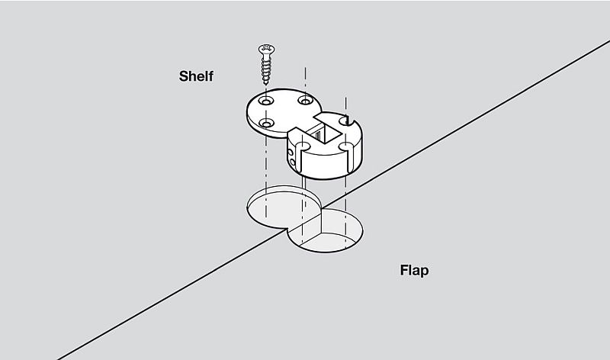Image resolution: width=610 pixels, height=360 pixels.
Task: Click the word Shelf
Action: [196, 76]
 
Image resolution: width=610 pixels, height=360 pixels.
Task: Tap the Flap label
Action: [414, 271]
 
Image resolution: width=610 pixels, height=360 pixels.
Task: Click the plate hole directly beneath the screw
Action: [266, 101]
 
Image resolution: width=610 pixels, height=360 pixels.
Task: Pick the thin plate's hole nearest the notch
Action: [305, 101]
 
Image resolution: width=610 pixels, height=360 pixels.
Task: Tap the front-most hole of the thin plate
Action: [266, 123]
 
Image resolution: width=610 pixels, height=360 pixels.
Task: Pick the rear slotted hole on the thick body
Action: [345, 119]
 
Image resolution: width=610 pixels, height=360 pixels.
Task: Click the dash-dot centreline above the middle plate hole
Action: [305, 80]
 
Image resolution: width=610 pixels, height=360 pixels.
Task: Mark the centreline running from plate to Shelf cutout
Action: [265, 164]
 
